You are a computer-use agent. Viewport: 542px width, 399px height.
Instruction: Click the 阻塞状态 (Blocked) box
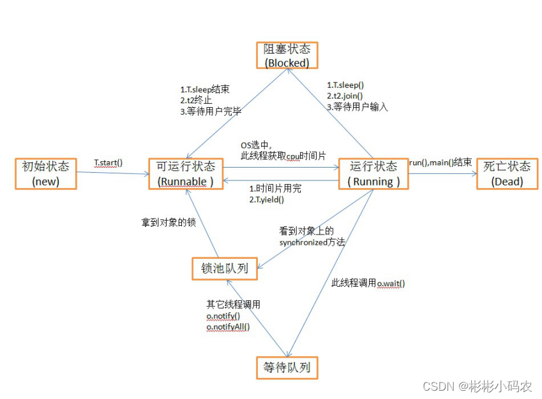point(287,56)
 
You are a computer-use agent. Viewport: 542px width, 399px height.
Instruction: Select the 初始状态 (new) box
point(46,173)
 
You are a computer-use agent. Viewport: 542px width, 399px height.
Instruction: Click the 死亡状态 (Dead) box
point(507,173)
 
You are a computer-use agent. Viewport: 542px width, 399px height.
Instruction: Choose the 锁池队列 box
point(225,268)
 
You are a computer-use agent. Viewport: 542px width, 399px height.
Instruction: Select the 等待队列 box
point(287,368)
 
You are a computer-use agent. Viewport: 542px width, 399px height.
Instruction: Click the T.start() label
point(108,163)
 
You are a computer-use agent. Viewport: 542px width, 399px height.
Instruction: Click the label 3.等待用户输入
point(357,107)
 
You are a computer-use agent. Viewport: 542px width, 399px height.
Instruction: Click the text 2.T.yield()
point(266,199)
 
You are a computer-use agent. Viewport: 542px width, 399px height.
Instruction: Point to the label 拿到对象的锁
point(169,223)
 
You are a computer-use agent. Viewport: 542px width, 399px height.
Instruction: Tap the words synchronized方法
point(312,242)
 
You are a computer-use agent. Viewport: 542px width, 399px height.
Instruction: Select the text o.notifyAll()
point(228,327)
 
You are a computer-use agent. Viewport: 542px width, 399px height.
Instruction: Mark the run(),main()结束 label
point(440,163)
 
